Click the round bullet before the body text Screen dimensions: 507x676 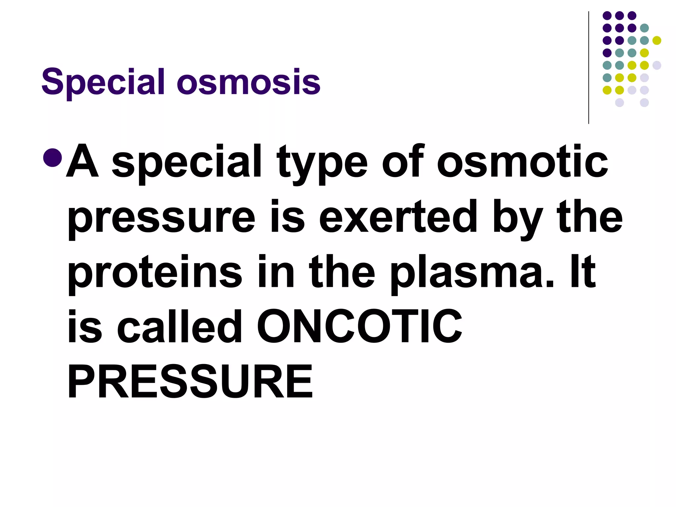52,158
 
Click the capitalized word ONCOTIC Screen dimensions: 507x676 359,326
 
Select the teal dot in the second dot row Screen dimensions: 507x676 644,28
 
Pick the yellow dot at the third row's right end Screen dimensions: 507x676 657,40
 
